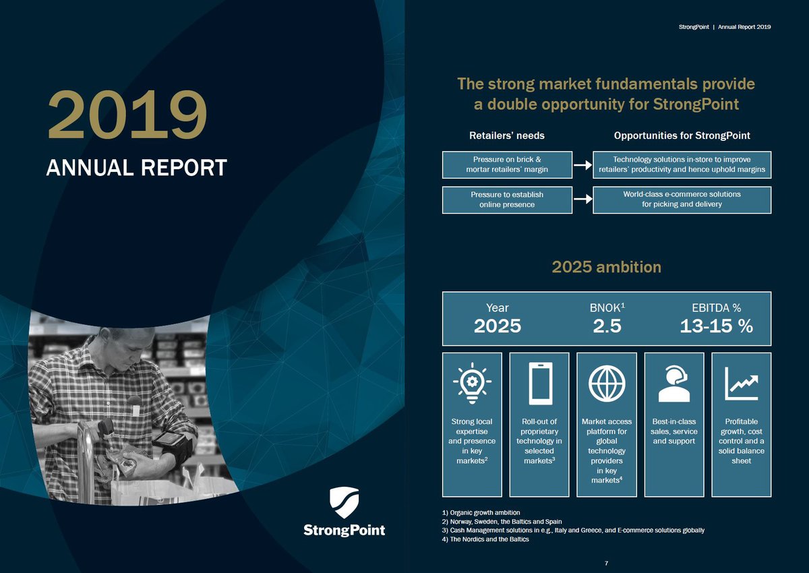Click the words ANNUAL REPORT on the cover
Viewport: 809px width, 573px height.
point(136,168)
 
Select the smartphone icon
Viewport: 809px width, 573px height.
point(540,384)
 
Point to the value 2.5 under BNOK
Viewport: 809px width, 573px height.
point(607,326)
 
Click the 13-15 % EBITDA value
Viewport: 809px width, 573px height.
point(716,326)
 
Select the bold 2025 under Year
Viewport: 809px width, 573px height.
point(498,326)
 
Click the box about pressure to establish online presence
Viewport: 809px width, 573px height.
point(507,200)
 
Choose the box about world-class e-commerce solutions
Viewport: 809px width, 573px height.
point(682,199)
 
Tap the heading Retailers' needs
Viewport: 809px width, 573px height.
point(506,135)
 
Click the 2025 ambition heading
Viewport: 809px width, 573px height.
point(606,267)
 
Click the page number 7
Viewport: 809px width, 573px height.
point(606,562)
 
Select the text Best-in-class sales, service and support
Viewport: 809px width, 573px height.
point(674,431)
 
